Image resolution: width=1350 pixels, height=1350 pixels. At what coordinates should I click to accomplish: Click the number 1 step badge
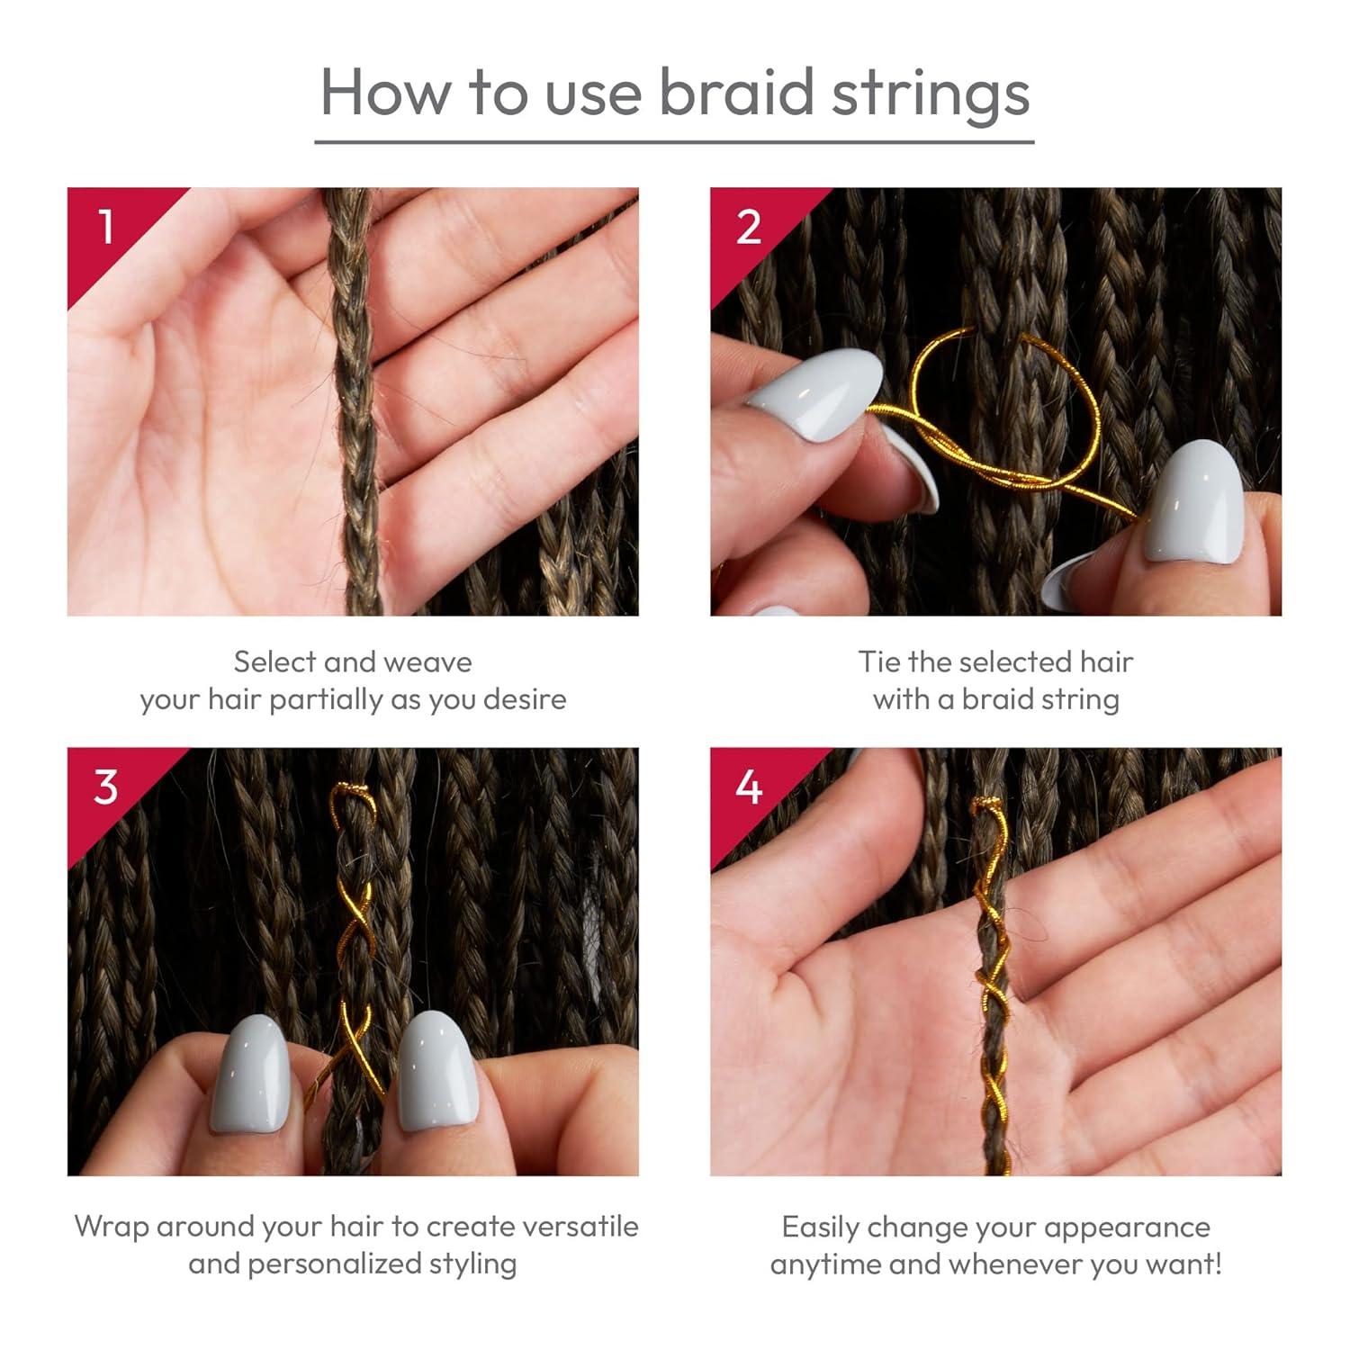[106, 227]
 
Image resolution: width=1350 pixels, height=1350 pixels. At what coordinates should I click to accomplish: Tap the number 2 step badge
[749, 227]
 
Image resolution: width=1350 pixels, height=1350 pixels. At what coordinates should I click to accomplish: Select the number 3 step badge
[106, 787]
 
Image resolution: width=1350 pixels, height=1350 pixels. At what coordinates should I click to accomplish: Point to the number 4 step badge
[749, 787]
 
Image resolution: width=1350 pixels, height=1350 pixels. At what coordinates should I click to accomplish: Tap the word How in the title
[385, 92]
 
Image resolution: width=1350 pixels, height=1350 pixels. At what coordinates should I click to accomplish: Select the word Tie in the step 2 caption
[879, 662]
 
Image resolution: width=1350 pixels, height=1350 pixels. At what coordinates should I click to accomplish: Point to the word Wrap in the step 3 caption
[114, 1228]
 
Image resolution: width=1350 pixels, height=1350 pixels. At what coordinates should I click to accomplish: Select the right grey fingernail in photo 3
[436, 1071]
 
